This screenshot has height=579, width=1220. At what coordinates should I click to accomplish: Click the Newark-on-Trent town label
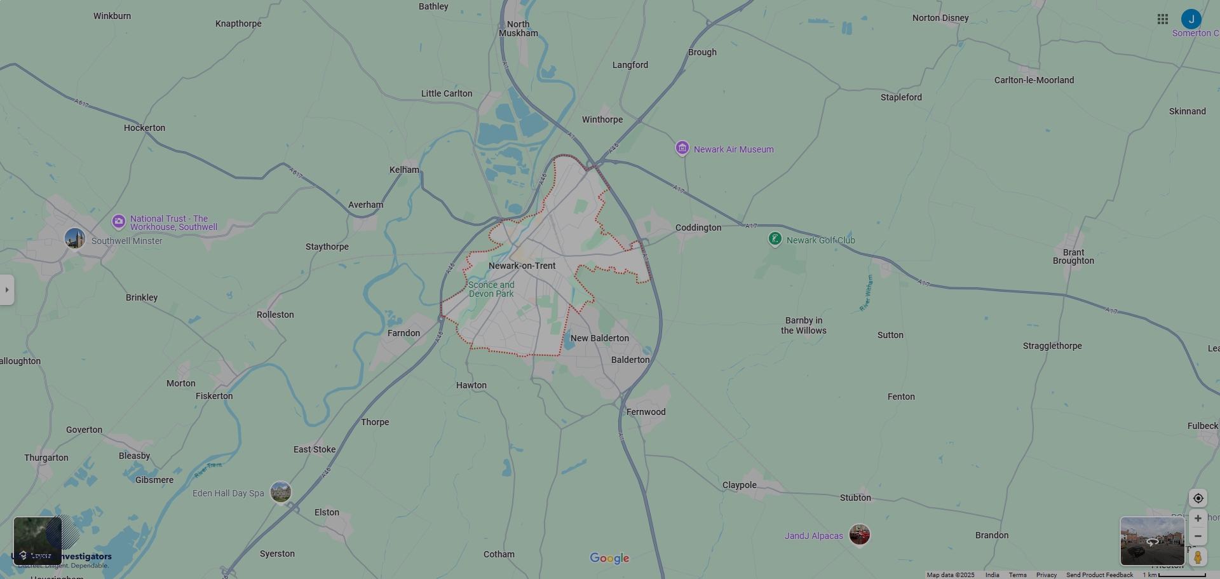tap(522, 266)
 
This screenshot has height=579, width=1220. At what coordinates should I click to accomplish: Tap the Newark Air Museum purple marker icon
tap(682, 148)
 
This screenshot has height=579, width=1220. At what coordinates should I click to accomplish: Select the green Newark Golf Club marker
tap(775, 239)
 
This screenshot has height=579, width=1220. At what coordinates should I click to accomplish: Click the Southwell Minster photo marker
tap(75, 239)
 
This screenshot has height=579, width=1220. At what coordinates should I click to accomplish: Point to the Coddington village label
tap(698, 228)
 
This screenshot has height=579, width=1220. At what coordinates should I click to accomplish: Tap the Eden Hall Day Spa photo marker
tap(280, 491)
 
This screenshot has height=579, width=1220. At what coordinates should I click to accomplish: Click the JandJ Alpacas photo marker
tap(859, 535)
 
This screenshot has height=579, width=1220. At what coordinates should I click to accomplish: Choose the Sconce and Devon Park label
tap(491, 289)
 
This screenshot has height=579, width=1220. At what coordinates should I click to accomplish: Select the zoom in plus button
tap(1198, 519)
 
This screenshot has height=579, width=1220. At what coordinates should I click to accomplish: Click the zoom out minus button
tap(1198, 536)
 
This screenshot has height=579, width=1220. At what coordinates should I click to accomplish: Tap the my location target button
tap(1198, 498)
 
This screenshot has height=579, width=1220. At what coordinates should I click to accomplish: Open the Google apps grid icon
tap(1163, 19)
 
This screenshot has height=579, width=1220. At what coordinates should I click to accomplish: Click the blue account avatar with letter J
tap(1191, 19)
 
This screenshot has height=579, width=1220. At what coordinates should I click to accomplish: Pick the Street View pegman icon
tap(1198, 557)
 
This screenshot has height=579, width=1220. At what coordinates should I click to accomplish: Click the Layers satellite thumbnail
tap(37, 541)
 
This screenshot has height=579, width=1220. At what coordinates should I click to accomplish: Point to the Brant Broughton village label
tap(1073, 257)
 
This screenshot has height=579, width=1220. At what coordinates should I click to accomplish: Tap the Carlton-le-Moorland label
tap(1034, 80)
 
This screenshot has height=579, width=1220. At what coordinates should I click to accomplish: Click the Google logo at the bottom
tap(609, 558)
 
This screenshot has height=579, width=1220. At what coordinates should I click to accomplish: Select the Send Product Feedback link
tap(1099, 575)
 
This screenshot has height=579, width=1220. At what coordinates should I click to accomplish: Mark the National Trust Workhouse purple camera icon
tap(118, 221)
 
